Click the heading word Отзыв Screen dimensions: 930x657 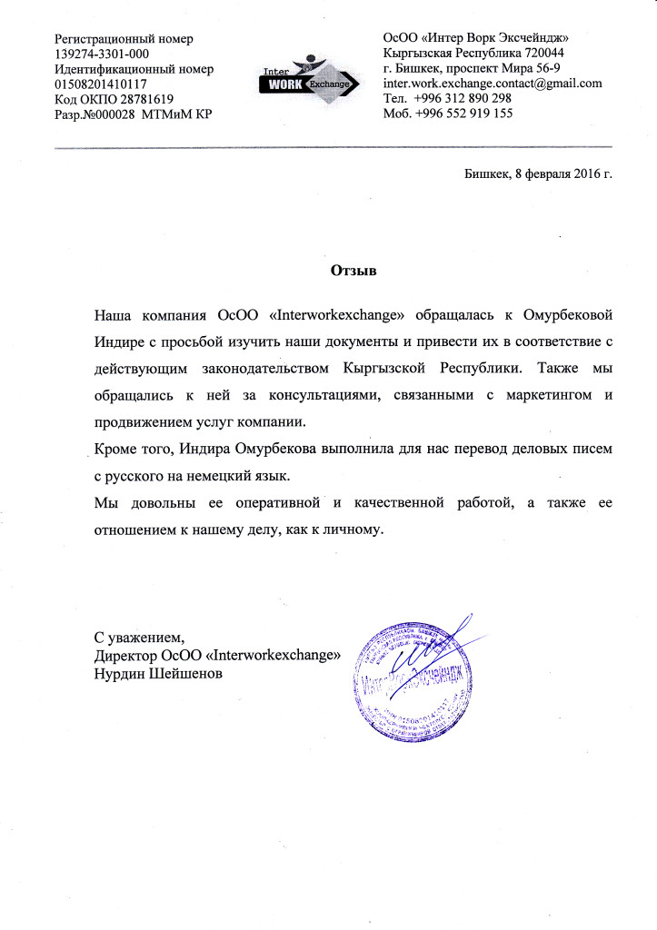351,271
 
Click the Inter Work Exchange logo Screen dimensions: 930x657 299,80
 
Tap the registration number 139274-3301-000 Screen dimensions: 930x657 102,54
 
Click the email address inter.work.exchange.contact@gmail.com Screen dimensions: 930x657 493,84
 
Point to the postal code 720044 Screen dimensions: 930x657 544,54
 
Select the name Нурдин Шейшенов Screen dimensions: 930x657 159,673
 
